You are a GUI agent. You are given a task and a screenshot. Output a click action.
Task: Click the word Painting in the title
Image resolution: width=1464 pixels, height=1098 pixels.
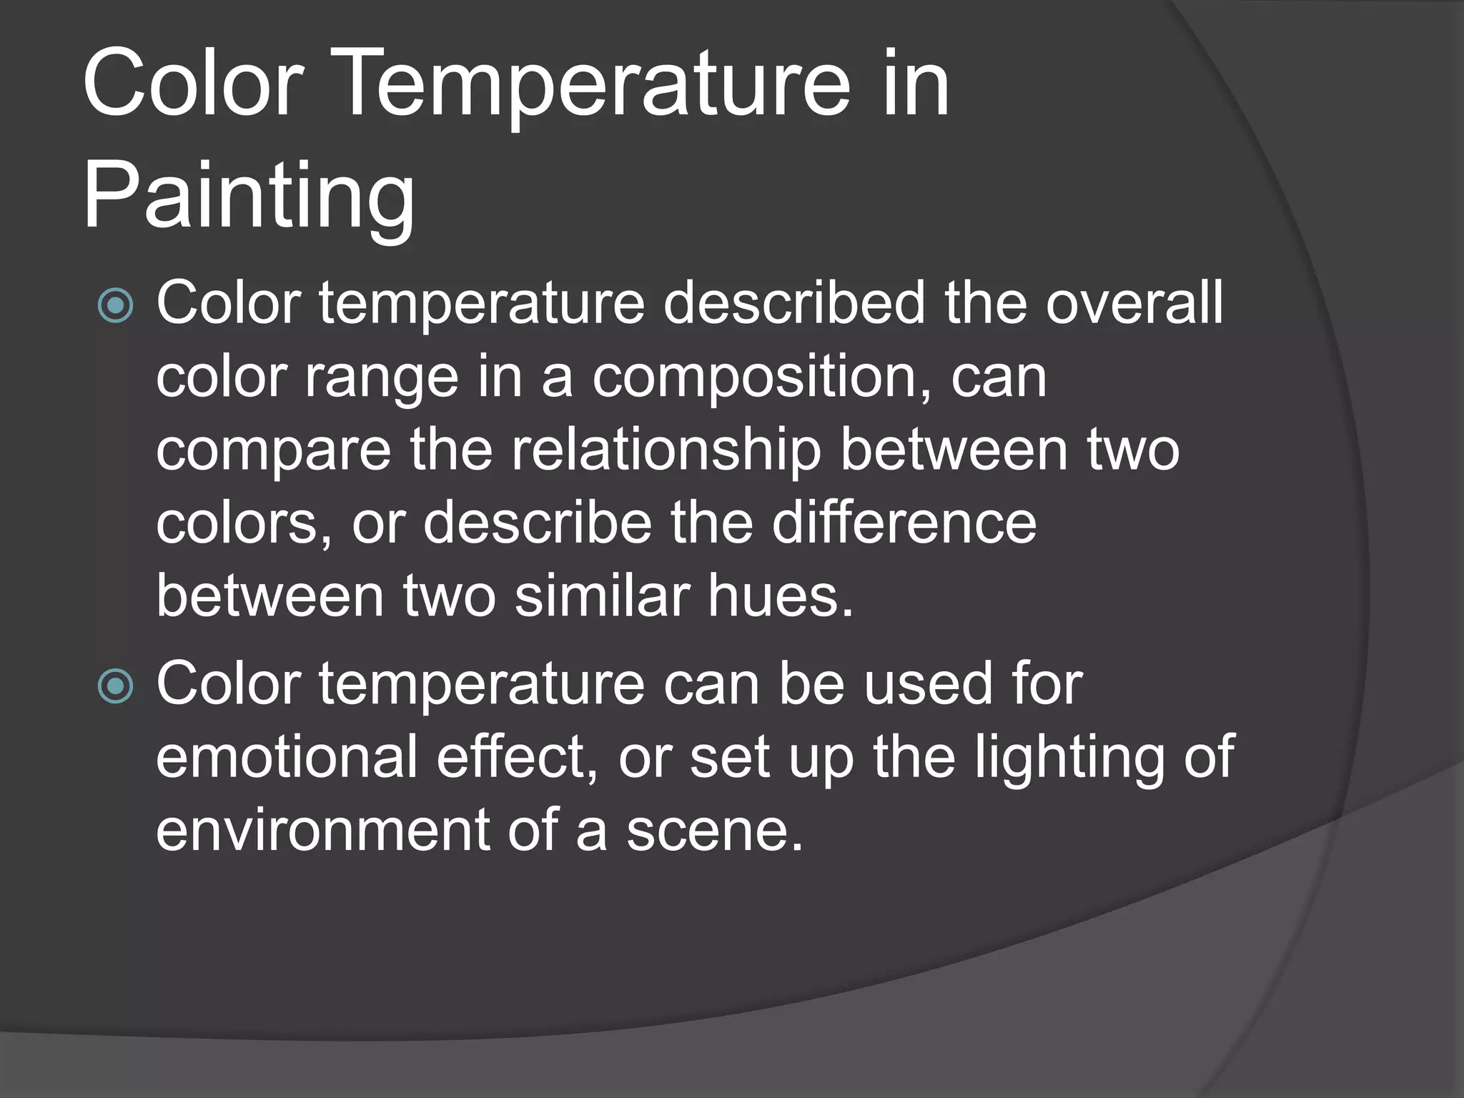point(249,195)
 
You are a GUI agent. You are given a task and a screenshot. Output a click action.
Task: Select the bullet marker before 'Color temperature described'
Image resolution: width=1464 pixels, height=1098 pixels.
point(115,306)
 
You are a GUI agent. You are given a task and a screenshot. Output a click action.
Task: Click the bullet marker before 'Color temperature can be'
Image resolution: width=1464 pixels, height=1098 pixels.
point(115,687)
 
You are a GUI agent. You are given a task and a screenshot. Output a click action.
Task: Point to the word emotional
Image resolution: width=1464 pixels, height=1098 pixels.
point(287,757)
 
